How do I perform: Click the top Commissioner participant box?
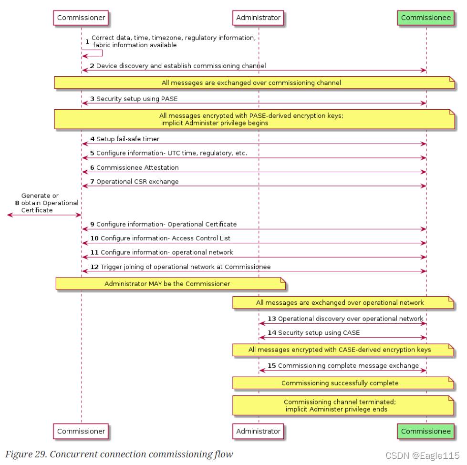81,18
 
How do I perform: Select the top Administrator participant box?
258,18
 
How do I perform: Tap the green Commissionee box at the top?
425,18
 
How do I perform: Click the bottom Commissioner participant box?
81,431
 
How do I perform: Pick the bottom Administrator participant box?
258,431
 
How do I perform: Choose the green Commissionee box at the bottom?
425,431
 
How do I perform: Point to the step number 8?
17,203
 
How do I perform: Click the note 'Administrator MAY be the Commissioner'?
170,284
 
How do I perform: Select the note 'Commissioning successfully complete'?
343,383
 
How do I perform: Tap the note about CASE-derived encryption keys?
343,350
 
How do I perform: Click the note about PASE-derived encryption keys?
254,119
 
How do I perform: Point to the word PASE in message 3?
169,99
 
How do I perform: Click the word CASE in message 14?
352,332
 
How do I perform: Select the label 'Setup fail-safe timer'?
128,139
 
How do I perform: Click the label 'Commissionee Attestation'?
137,167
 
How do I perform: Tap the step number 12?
94,267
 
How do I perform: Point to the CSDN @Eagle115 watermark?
423,455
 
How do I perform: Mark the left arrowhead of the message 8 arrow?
10,215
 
